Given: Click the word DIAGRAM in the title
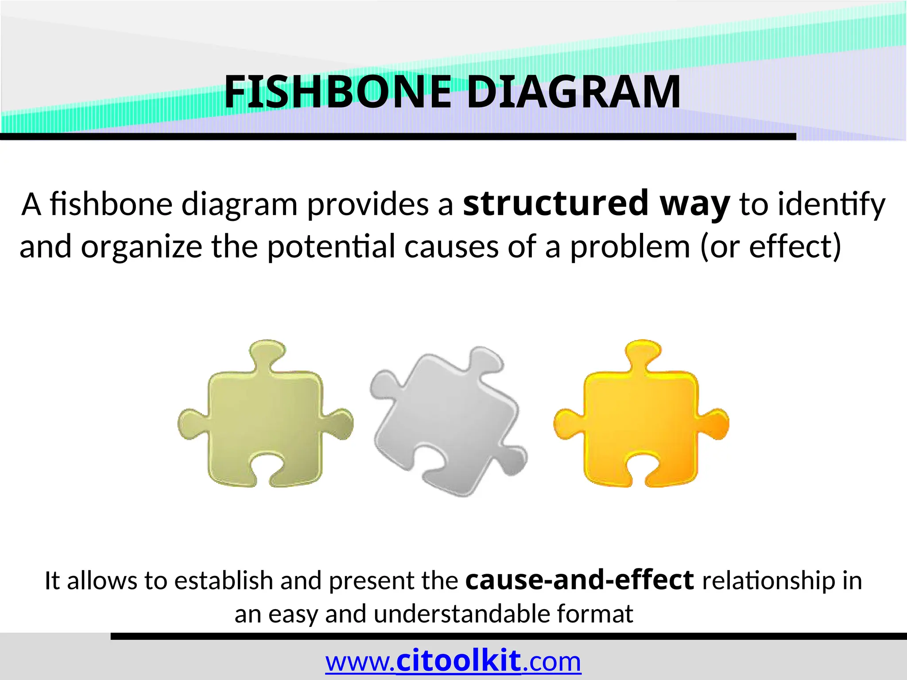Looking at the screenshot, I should tap(574, 92).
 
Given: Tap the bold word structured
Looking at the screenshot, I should tap(556, 203).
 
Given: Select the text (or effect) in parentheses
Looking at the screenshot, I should tap(770, 247).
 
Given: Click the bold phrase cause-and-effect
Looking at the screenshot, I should tap(579, 580).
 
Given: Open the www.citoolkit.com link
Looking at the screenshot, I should tap(453, 662).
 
